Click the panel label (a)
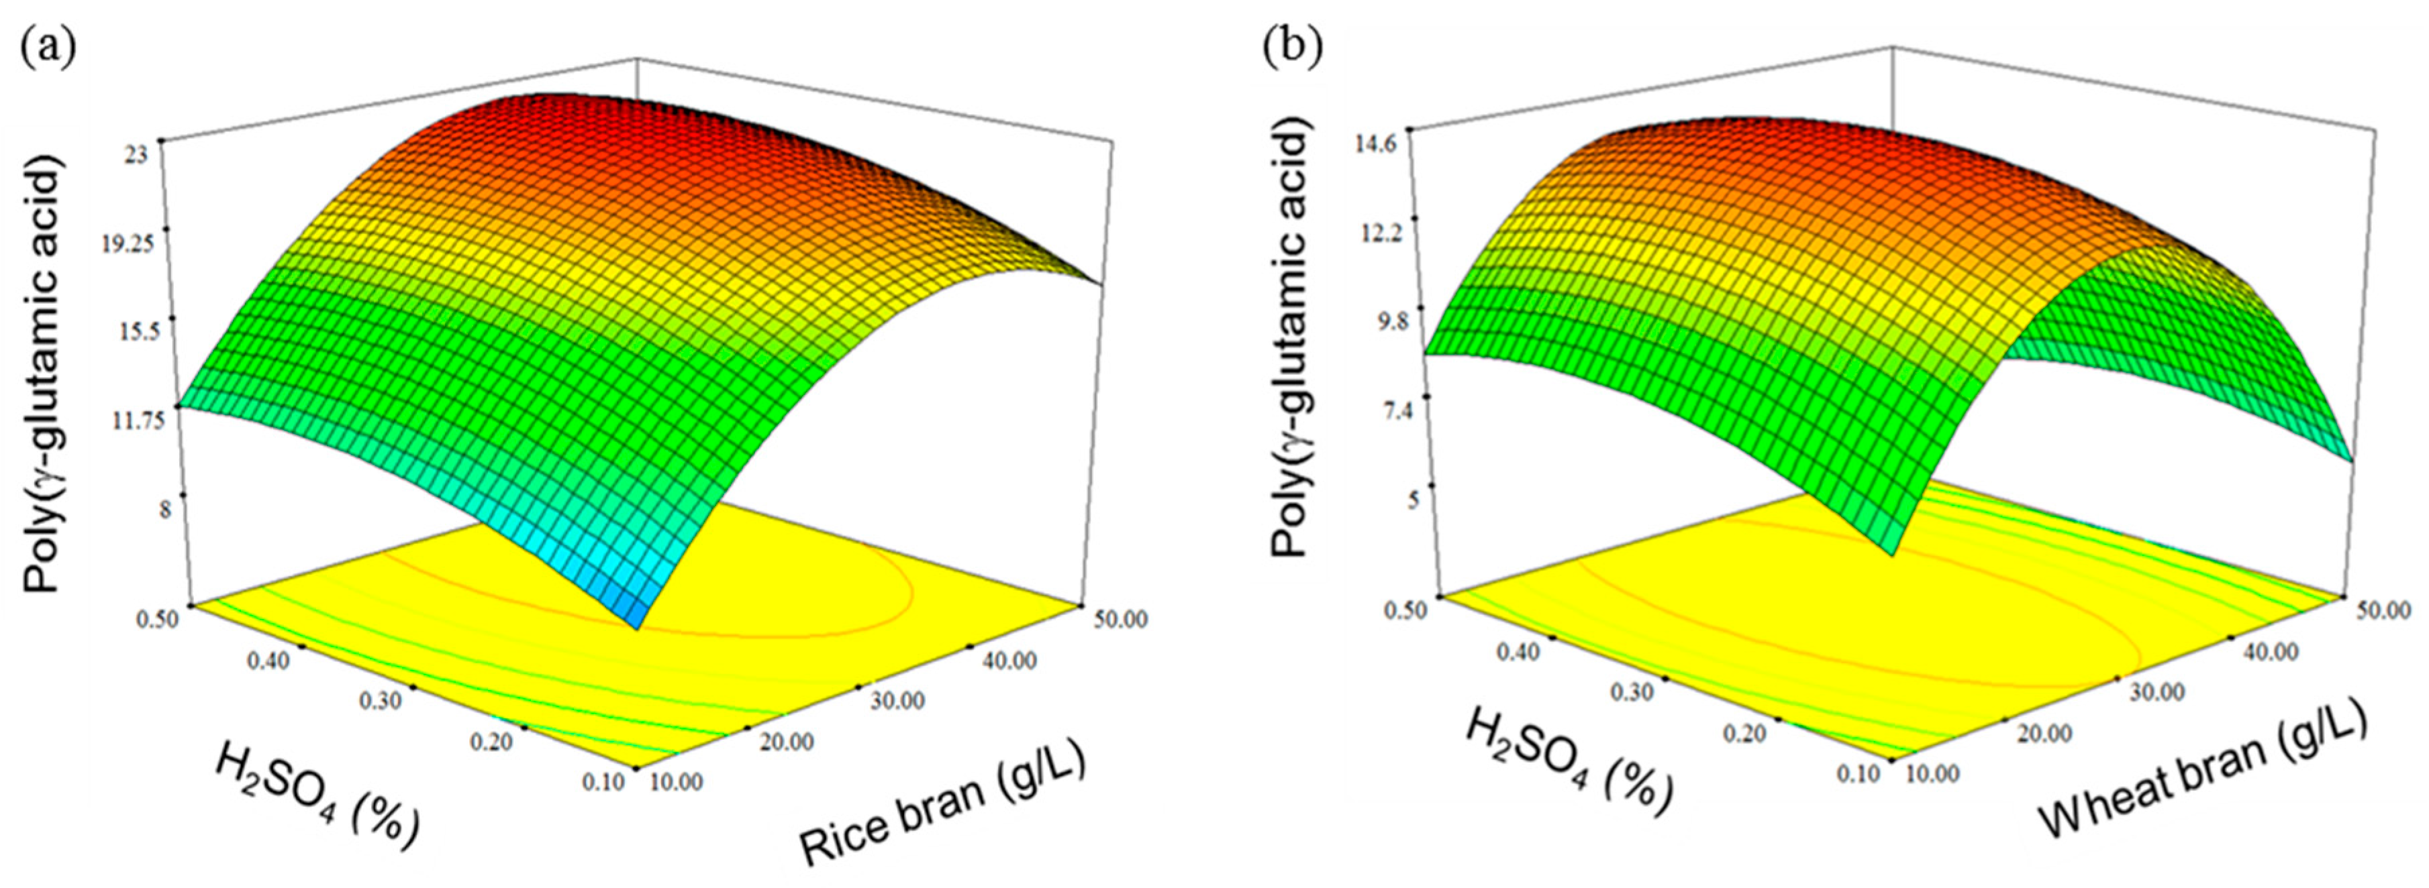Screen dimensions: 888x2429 [x=47, y=44]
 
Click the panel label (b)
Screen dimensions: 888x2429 [x=1293, y=44]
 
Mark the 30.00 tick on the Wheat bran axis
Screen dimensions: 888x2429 [x=2157, y=693]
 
